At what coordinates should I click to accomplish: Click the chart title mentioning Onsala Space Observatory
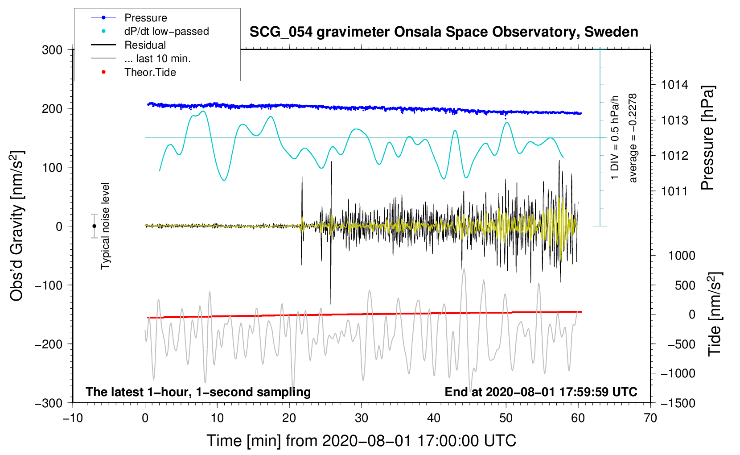pyautogui.click(x=444, y=32)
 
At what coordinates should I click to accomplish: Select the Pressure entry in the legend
pyautogui.click(x=145, y=18)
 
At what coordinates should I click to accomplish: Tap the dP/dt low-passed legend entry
pyautogui.click(x=166, y=31)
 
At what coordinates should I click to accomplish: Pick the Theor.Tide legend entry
pyautogui.click(x=150, y=72)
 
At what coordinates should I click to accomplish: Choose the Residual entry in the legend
pyautogui.click(x=145, y=45)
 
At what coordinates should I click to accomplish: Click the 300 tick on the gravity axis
pyautogui.click(x=52, y=50)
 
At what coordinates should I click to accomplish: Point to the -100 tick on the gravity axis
pyautogui.click(x=49, y=285)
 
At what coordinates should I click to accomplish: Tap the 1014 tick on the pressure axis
pyautogui.click(x=674, y=85)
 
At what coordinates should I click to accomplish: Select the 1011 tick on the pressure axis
pyautogui.click(x=674, y=191)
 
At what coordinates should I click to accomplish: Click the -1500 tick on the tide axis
pyautogui.click(x=678, y=403)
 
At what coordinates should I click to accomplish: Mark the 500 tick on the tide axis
pyautogui.click(x=685, y=285)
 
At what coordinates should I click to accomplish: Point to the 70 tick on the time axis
pyautogui.click(x=650, y=418)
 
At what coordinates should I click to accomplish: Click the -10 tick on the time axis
pyautogui.click(x=73, y=418)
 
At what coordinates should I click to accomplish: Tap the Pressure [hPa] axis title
pyautogui.click(x=707, y=138)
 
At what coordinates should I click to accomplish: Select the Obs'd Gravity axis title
pyautogui.click(x=17, y=226)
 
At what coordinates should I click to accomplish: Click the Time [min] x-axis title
pyautogui.click(x=361, y=441)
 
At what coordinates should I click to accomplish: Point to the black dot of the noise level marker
pyautogui.click(x=95, y=226)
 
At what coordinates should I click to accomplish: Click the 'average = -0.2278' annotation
pyautogui.click(x=633, y=138)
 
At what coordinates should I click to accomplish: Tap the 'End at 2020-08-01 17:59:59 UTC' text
pyautogui.click(x=541, y=392)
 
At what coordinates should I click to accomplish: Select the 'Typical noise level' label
pyautogui.click(x=105, y=226)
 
